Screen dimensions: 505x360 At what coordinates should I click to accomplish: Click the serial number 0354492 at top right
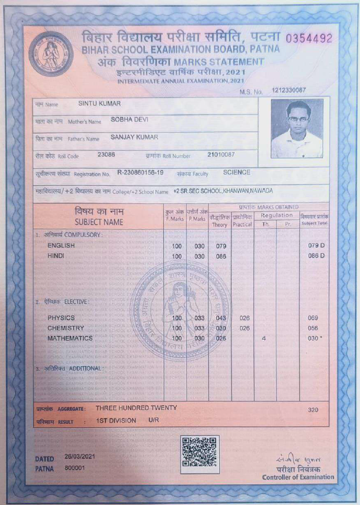tap(309, 39)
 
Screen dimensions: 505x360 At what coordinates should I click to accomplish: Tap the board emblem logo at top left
tap(51, 54)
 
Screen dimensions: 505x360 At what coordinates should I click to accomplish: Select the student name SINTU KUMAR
tap(99, 104)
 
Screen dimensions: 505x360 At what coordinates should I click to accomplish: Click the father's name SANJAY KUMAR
tap(134, 137)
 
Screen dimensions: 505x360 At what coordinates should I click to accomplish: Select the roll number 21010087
tap(220, 154)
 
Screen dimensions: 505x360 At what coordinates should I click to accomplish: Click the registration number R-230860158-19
tap(140, 172)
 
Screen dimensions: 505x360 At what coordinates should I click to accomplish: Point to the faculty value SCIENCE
tap(237, 172)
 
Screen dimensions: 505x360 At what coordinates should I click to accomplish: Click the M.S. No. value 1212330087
tap(289, 91)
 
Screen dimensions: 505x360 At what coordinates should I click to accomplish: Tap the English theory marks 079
tap(221, 246)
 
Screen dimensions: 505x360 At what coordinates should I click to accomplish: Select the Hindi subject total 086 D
tap(316, 255)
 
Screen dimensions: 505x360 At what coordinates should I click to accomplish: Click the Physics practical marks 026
tap(244, 318)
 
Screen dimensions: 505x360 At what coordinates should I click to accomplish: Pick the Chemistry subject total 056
tap(313, 328)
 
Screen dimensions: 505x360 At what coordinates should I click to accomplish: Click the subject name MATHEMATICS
tap(70, 338)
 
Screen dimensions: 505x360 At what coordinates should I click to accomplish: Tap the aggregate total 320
tap(313, 410)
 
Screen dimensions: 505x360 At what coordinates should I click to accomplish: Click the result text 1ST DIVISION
tap(116, 420)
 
